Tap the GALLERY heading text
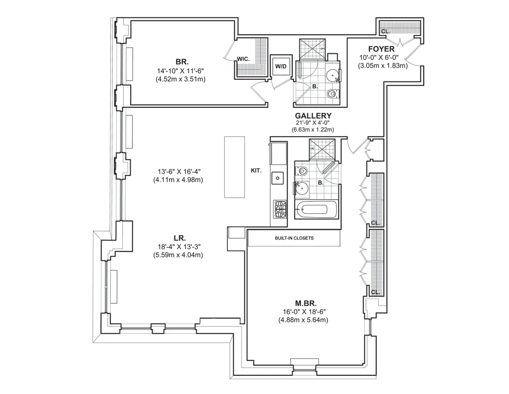[x=313, y=115]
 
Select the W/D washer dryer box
[x=280, y=66]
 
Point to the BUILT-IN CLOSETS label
[x=294, y=238]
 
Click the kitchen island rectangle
[x=235, y=167]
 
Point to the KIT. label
[x=256, y=170]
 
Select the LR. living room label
[x=178, y=238]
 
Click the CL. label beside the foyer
[x=385, y=31]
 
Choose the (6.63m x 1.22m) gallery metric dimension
[x=313, y=129]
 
